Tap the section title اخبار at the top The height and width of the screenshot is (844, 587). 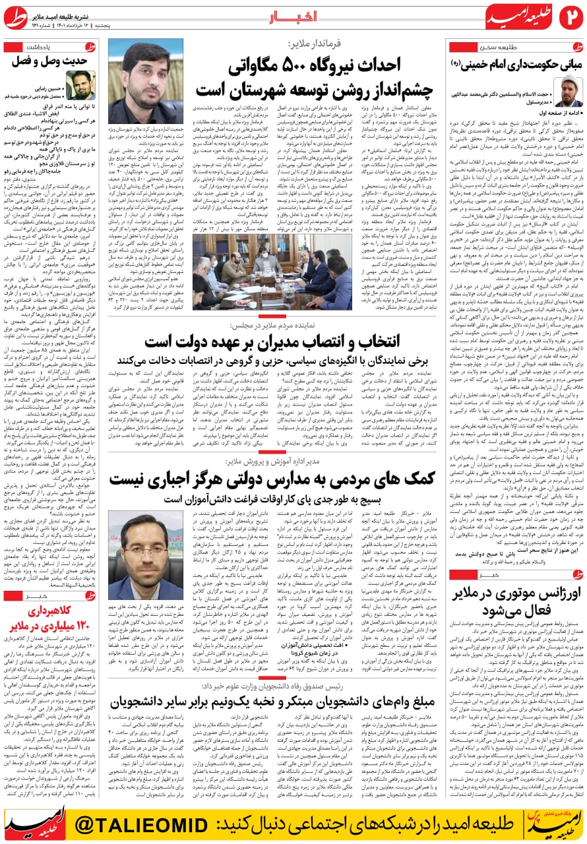[x=293, y=16]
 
